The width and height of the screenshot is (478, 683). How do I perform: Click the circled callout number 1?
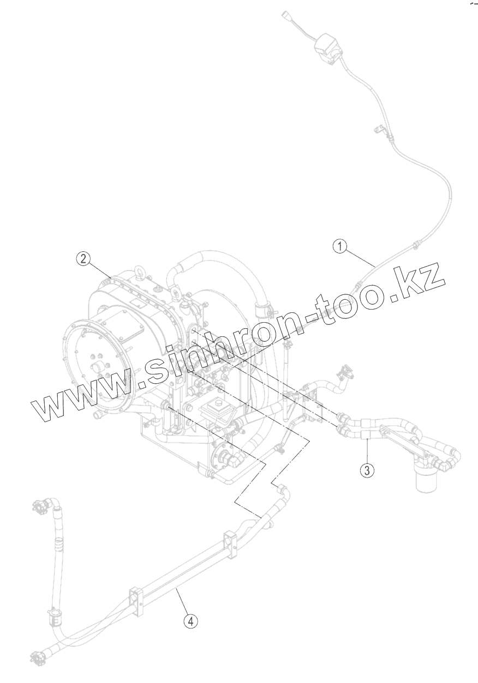tap(340, 247)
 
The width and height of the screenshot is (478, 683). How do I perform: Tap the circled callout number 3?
tap(368, 469)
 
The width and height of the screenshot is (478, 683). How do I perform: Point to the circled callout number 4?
tap(190, 620)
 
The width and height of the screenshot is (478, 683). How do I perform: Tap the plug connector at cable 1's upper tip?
tap(288, 15)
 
